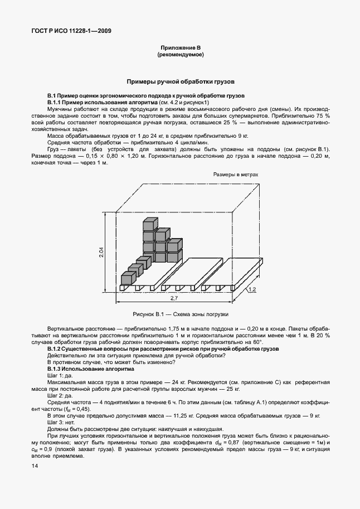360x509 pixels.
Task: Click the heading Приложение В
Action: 180,49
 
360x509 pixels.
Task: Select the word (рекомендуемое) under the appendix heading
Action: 180,55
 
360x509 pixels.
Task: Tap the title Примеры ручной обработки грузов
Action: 180,81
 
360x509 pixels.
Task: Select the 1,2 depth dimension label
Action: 252,289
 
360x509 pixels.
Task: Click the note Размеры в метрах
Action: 236,174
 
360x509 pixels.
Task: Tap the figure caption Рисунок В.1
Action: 180,313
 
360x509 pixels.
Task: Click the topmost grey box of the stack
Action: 149,224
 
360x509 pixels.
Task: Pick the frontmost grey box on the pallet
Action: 128,278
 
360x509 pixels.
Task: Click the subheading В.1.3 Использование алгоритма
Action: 91,370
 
